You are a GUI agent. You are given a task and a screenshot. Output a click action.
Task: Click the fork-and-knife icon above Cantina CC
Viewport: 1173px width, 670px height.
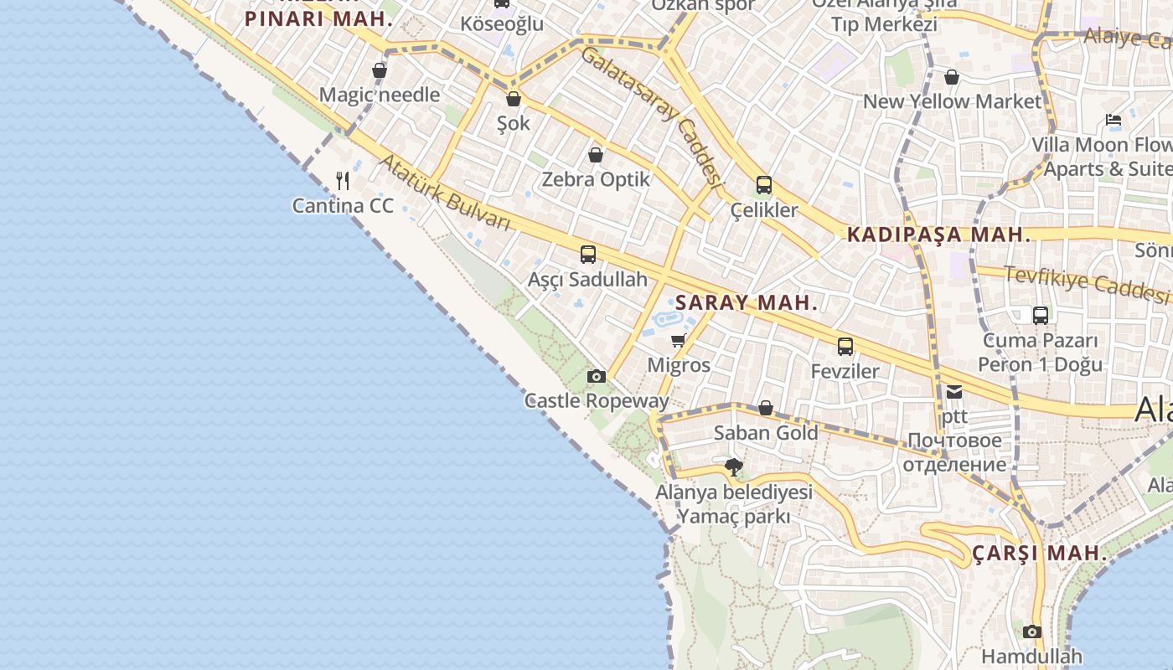click(343, 180)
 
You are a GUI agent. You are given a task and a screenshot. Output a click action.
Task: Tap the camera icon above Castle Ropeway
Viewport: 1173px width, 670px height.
click(597, 376)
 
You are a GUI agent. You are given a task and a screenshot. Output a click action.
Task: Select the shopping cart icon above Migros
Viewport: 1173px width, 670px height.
click(679, 340)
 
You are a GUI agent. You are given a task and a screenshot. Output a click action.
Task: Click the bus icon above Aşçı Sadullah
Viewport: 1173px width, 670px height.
click(588, 254)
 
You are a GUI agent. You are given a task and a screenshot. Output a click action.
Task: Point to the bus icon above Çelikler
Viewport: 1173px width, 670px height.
click(764, 185)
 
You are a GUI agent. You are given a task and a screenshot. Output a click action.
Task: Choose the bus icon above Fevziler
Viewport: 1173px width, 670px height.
click(845, 346)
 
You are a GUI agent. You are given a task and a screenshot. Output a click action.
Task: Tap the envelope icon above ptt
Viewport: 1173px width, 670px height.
click(954, 391)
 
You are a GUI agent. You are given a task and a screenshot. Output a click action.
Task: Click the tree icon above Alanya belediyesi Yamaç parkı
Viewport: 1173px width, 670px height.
click(734, 466)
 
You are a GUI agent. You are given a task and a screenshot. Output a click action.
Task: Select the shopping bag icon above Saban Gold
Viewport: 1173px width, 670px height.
click(766, 408)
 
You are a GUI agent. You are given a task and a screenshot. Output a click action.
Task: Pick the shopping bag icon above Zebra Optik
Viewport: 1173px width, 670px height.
click(596, 155)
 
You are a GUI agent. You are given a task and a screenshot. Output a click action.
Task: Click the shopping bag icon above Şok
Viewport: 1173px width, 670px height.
click(514, 99)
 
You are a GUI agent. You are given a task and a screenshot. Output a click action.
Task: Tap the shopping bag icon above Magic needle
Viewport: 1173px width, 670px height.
click(380, 70)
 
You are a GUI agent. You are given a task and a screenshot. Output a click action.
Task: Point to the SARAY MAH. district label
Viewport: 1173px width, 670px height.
click(747, 303)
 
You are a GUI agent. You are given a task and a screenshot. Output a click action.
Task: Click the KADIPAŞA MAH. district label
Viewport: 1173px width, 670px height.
click(939, 235)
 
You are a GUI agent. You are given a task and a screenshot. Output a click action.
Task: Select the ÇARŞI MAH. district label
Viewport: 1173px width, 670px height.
click(1040, 554)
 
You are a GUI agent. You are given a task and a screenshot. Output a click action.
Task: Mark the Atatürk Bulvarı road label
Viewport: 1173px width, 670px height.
click(445, 193)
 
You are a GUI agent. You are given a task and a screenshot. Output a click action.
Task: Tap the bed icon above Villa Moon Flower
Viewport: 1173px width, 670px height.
click(1114, 120)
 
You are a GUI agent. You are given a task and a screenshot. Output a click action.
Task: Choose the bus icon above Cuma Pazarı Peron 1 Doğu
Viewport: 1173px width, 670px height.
click(1041, 316)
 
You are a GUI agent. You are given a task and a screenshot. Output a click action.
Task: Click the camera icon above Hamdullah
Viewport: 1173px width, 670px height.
click(1032, 631)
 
